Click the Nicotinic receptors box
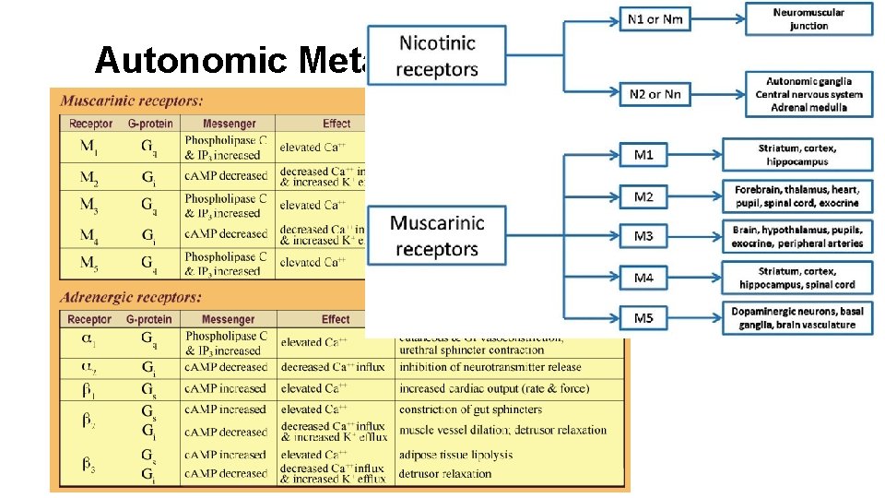438,54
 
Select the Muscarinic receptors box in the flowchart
437,235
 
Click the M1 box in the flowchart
643,155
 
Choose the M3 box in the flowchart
643,237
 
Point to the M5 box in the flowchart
643,318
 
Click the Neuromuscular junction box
808,18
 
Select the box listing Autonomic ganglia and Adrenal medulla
808,94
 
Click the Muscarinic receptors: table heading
133,101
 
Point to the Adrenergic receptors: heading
131,298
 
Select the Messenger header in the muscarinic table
227,124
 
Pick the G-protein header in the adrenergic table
149,320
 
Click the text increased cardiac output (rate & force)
494,388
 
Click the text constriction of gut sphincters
470,409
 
